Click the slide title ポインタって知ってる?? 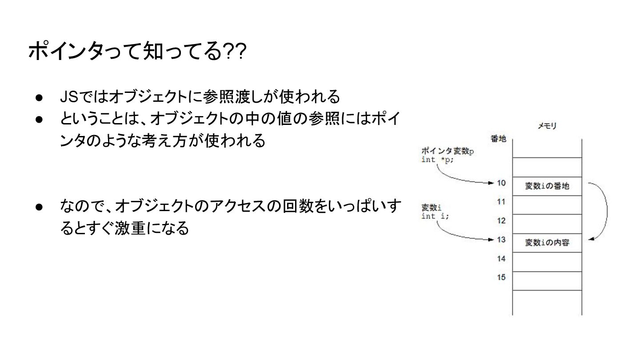[x=136, y=52]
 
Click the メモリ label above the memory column [x=547, y=126]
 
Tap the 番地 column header [x=498, y=139]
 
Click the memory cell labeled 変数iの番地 [x=547, y=186]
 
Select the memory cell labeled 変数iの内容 [x=547, y=243]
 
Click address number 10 [x=501, y=183]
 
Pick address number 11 [x=501, y=202]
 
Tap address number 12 [x=501, y=220]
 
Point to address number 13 [x=501, y=240]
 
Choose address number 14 [x=501, y=258]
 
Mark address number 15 [x=501, y=277]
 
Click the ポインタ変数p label [x=447, y=152]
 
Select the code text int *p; [x=438, y=160]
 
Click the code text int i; [x=435, y=216]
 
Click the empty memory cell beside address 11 [x=547, y=205]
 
